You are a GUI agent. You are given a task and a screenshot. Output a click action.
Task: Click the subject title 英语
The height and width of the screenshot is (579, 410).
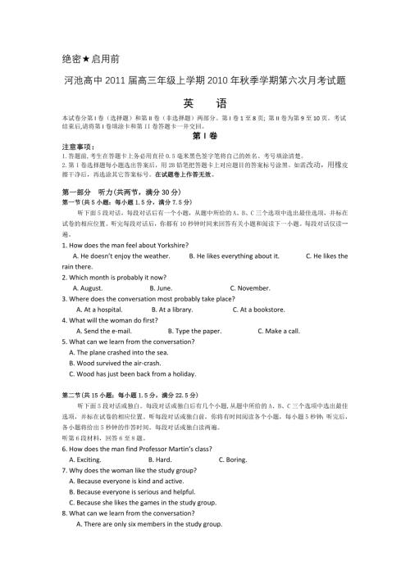tap(204, 105)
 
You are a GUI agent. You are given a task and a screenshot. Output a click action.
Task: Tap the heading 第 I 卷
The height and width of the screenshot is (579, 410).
tap(204, 136)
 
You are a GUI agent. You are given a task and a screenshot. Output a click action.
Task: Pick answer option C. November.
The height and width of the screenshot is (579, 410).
tap(250, 288)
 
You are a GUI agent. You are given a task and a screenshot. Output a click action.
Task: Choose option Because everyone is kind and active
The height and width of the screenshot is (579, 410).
tap(126, 481)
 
